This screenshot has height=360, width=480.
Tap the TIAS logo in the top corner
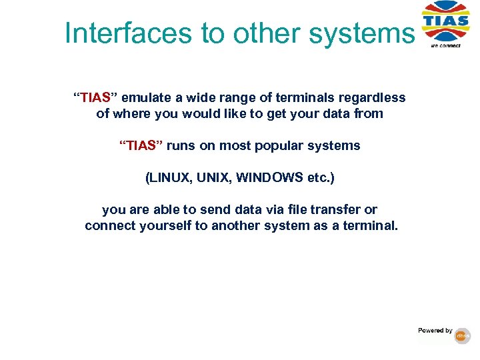445,22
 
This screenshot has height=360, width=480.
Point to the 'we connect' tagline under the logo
445,46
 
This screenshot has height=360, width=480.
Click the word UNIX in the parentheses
215,178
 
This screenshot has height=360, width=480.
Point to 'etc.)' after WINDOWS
319,178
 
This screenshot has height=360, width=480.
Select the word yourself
165,226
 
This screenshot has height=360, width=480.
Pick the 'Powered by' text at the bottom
435,331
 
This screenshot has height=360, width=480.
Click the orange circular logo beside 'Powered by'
463,336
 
